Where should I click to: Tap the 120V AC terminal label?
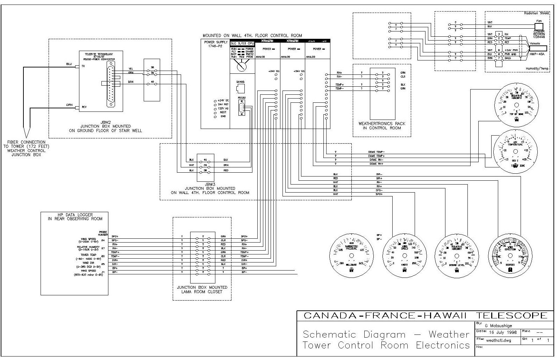pyautogui.click(x=223, y=108)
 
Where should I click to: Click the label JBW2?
pyautogui.click(x=105, y=122)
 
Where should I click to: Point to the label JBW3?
pyautogui.click(x=209, y=184)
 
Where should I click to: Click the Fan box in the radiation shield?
pyautogui.click(x=539, y=26)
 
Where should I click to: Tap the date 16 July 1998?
pyautogui.click(x=501, y=332)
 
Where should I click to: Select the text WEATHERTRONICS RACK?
pyautogui.click(x=382, y=124)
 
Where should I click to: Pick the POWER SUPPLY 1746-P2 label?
pyautogui.click(x=215, y=44)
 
